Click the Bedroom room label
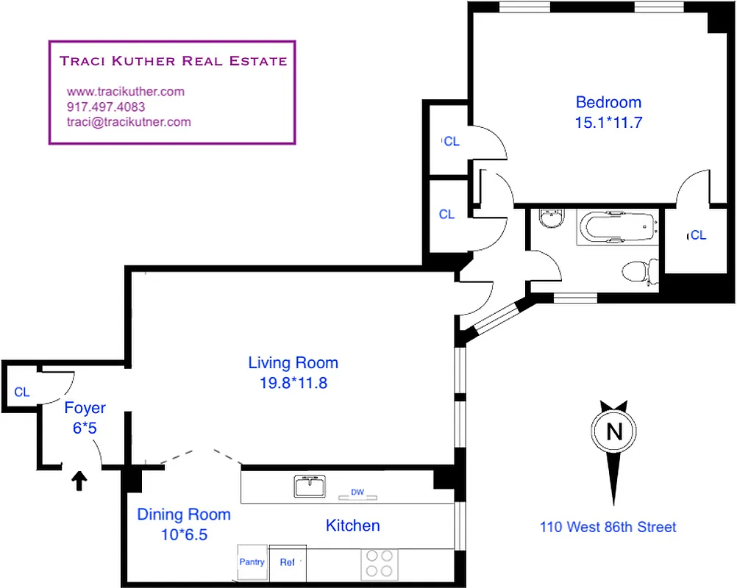(x=608, y=103)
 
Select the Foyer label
(x=85, y=408)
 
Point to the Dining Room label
(x=184, y=514)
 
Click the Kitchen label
(x=353, y=526)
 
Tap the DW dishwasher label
(x=357, y=492)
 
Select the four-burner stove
(x=380, y=563)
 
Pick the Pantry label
(x=252, y=562)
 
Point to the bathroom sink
(x=549, y=218)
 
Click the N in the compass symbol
(x=613, y=431)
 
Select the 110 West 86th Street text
(x=608, y=526)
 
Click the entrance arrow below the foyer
(x=79, y=481)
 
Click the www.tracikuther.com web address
(x=126, y=92)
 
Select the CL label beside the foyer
(x=22, y=392)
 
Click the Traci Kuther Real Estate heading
(x=174, y=61)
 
